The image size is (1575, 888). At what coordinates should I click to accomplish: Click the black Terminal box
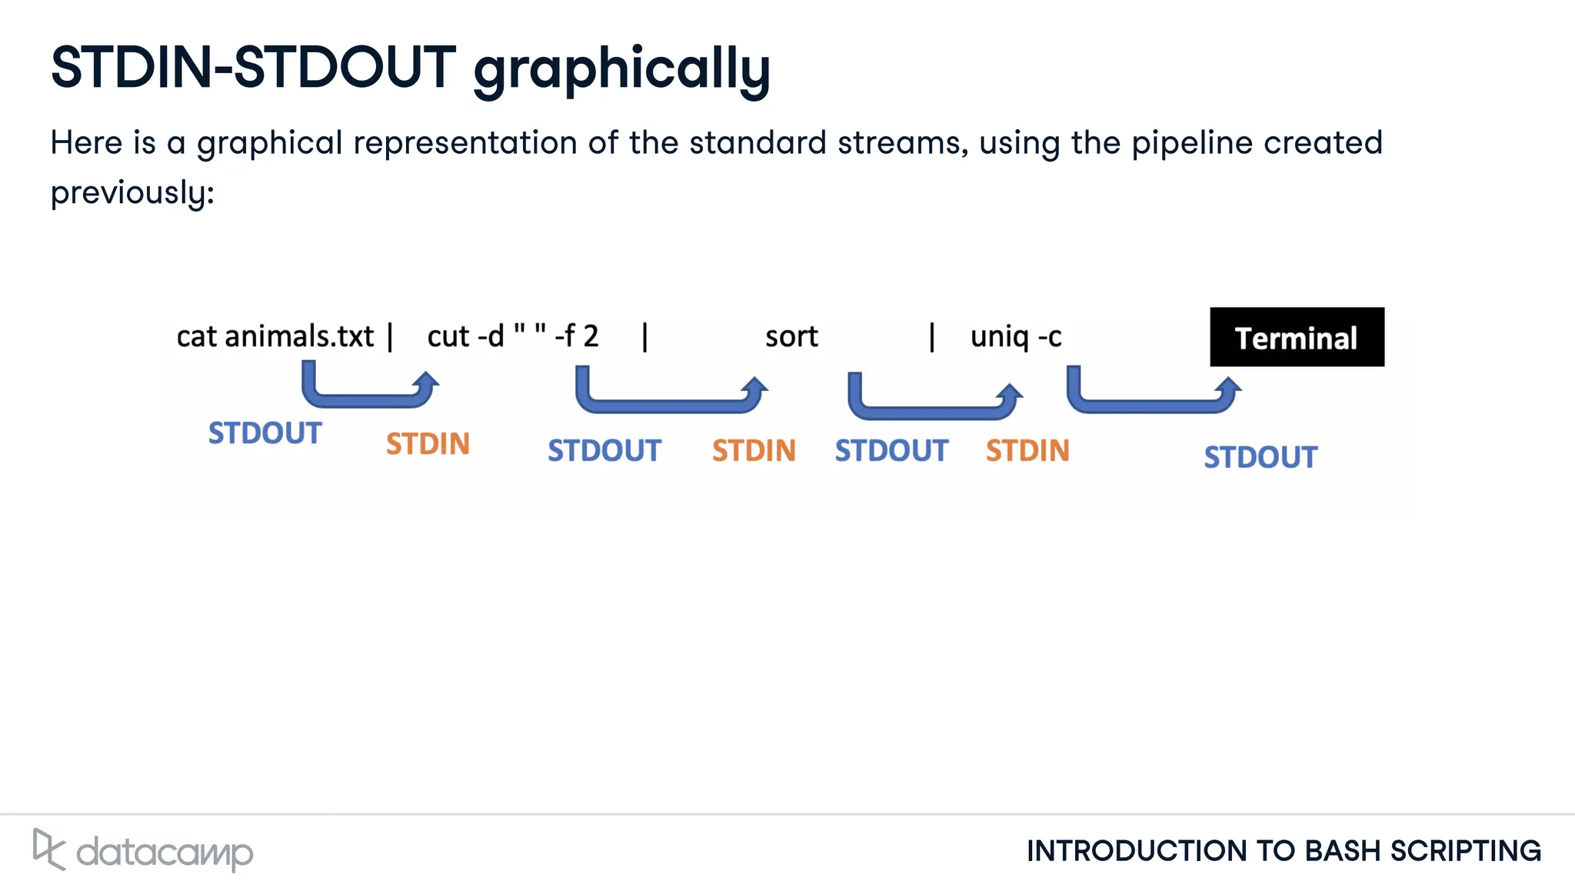1297,337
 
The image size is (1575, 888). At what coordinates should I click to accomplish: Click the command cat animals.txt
275,337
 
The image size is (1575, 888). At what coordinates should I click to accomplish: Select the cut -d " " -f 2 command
512,337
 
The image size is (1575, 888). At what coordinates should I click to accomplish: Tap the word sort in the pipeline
791,337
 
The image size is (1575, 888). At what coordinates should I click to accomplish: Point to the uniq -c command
1015,337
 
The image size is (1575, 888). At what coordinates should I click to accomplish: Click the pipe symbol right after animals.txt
391,337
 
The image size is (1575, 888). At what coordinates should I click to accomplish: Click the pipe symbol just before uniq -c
932,337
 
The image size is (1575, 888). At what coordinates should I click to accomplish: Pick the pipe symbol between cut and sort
644,337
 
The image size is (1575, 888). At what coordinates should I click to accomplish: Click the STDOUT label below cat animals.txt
265,433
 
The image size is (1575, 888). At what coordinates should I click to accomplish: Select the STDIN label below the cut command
428,444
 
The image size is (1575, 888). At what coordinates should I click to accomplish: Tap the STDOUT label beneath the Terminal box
1260,457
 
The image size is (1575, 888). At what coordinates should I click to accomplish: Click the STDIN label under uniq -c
1027,450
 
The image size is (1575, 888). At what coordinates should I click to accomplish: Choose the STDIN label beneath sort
754,450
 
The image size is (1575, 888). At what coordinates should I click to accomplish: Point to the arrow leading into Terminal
1154,405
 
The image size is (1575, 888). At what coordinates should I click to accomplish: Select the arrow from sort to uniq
934,411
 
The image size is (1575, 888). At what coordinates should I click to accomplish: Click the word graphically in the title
621,69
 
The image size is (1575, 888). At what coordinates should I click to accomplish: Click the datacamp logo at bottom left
143,850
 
